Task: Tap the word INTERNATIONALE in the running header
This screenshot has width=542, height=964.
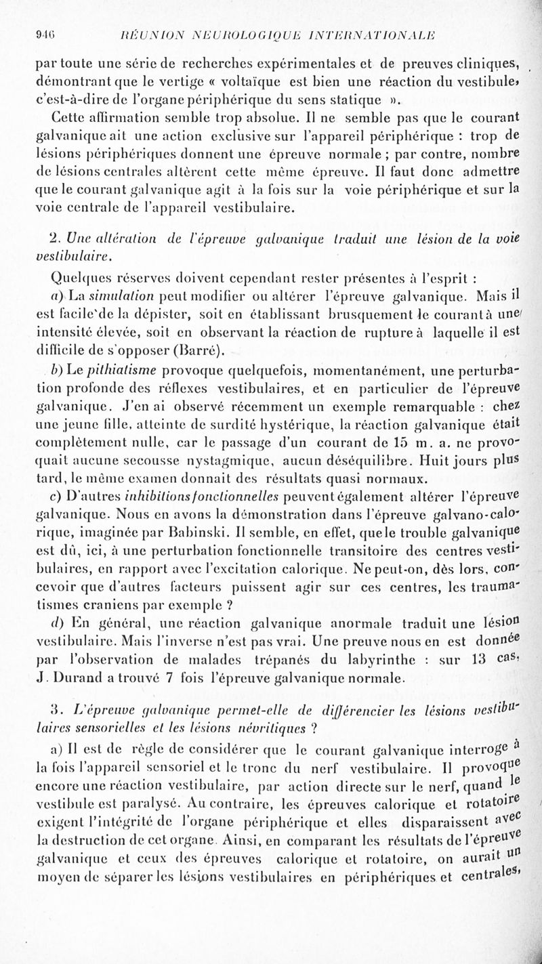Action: point(387,37)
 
